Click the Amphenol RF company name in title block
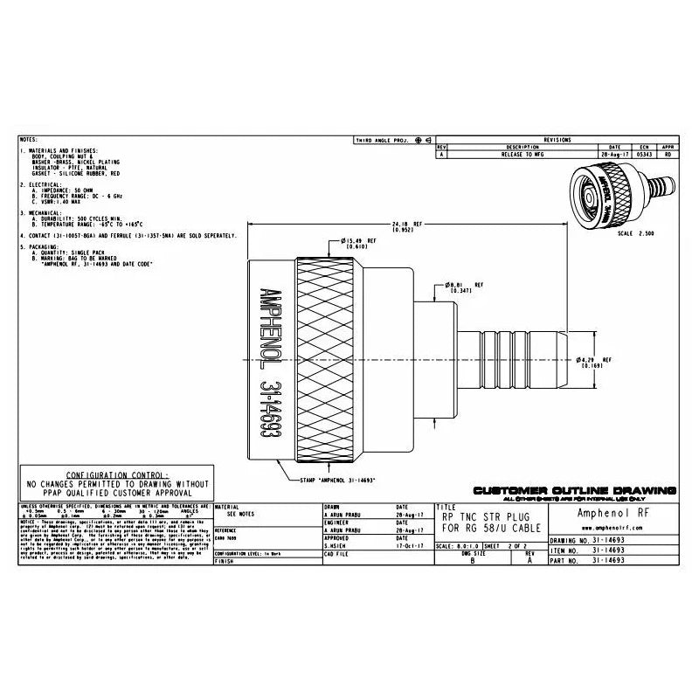coord(611,514)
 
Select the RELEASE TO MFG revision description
coord(523,154)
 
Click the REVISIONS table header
coord(557,140)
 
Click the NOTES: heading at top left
coord(29,140)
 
